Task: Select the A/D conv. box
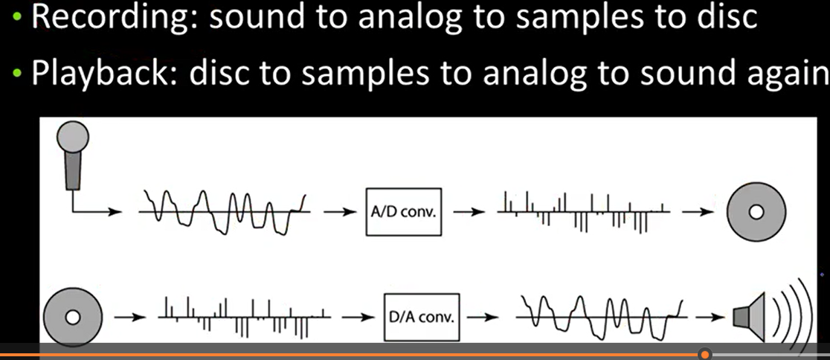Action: tap(404, 212)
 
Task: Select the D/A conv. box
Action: tap(422, 317)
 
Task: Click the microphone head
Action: tap(73, 137)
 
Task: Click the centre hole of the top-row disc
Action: tap(756, 212)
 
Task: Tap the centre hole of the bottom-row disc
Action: tap(73, 317)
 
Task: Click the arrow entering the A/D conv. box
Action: tap(340, 212)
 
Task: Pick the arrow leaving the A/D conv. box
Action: tap(469, 212)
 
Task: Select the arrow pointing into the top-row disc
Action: tap(698, 212)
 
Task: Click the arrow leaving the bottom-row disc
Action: tap(129, 317)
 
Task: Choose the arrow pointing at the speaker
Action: tap(710, 317)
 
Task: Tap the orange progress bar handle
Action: tap(704, 354)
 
